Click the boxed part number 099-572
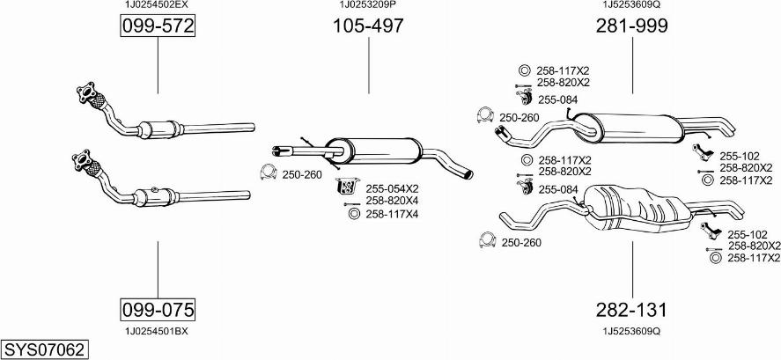point(157,27)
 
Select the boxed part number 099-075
point(157,309)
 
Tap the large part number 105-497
point(368,27)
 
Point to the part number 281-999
point(631,27)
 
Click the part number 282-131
point(631,310)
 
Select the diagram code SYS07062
point(44,350)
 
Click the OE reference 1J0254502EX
point(157,5)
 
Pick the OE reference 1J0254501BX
point(157,331)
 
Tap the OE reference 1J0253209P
point(368,5)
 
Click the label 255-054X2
point(392,188)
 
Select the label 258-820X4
point(392,202)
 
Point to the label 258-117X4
point(392,214)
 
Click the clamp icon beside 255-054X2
point(346,187)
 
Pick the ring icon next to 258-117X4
point(354,214)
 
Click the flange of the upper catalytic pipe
point(86,91)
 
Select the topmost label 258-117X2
point(564,70)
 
